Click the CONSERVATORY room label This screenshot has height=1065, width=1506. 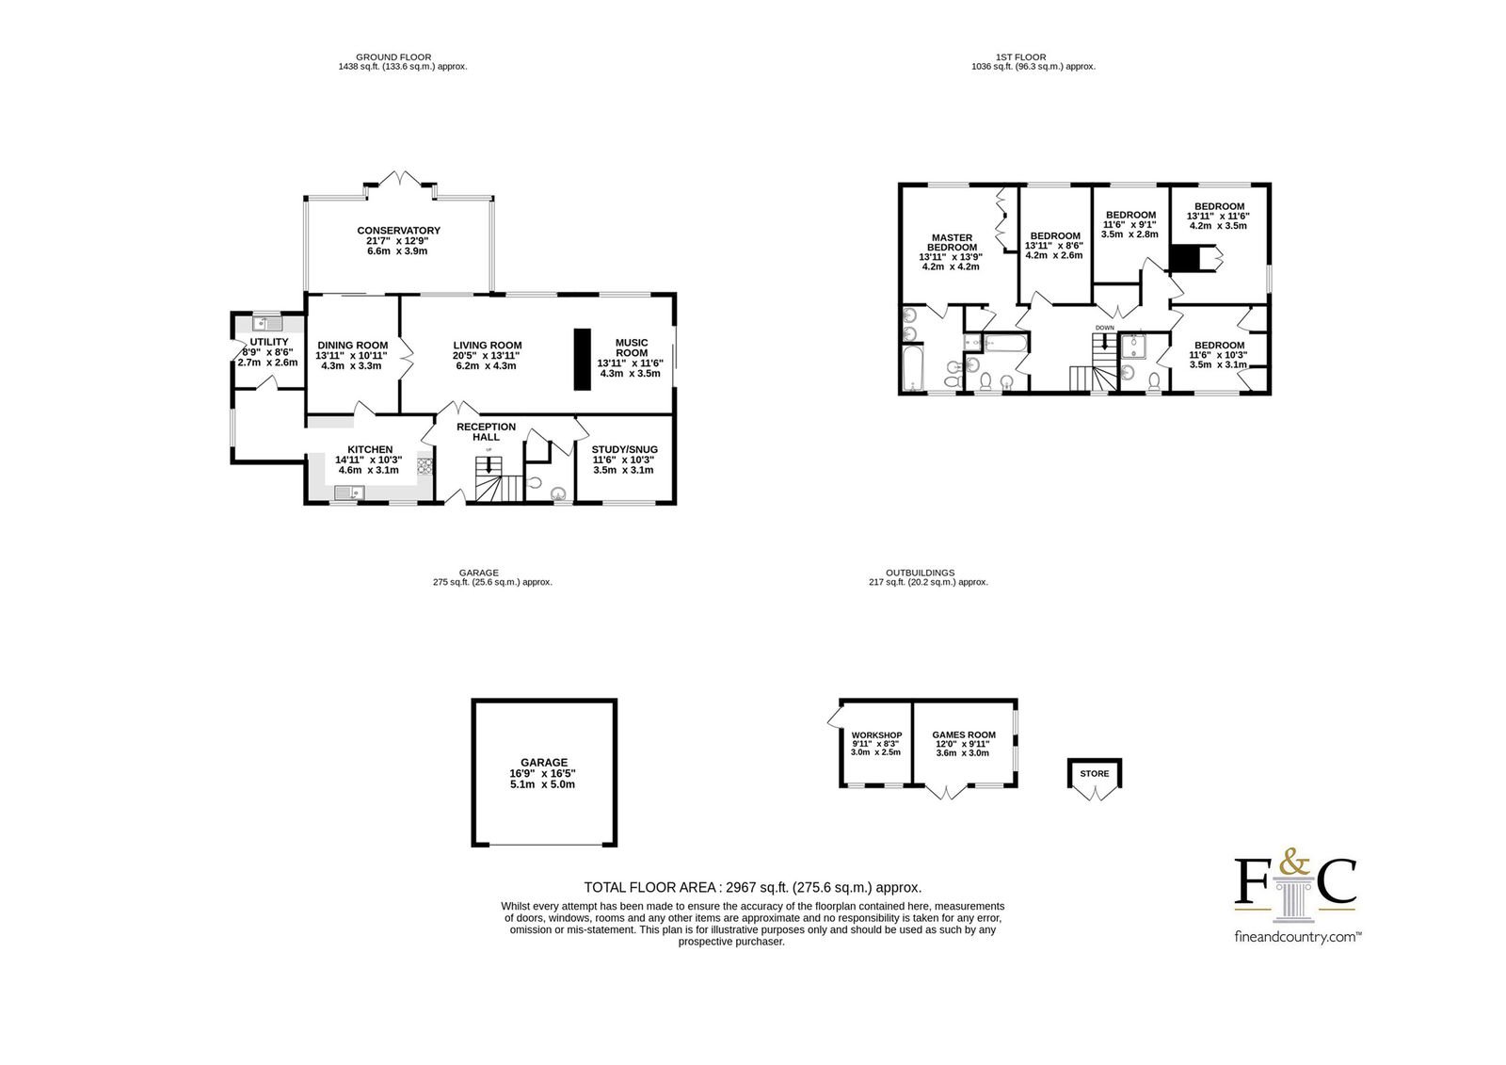[399, 231]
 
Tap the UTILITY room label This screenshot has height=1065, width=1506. [269, 342]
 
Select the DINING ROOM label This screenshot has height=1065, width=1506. [352, 346]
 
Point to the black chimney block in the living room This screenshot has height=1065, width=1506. [583, 360]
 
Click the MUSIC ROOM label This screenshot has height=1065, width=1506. [632, 347]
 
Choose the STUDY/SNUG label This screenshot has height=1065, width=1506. [625, 450]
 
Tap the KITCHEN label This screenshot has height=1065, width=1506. [370, 450]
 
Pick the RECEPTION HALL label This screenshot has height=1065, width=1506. [486, 432]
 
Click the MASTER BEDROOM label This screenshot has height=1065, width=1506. [952, 242]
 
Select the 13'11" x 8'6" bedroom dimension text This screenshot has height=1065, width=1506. [1054, 246]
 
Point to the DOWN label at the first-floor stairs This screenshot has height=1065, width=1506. [1105, 328]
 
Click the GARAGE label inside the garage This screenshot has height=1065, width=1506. [544, 762]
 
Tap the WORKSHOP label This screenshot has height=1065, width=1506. [876, 735]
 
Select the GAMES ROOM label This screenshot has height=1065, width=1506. [964, 735]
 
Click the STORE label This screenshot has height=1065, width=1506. [1095, 774]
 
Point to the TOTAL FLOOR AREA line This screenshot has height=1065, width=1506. [752, 887]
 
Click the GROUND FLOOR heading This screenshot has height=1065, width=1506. [393, 57]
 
